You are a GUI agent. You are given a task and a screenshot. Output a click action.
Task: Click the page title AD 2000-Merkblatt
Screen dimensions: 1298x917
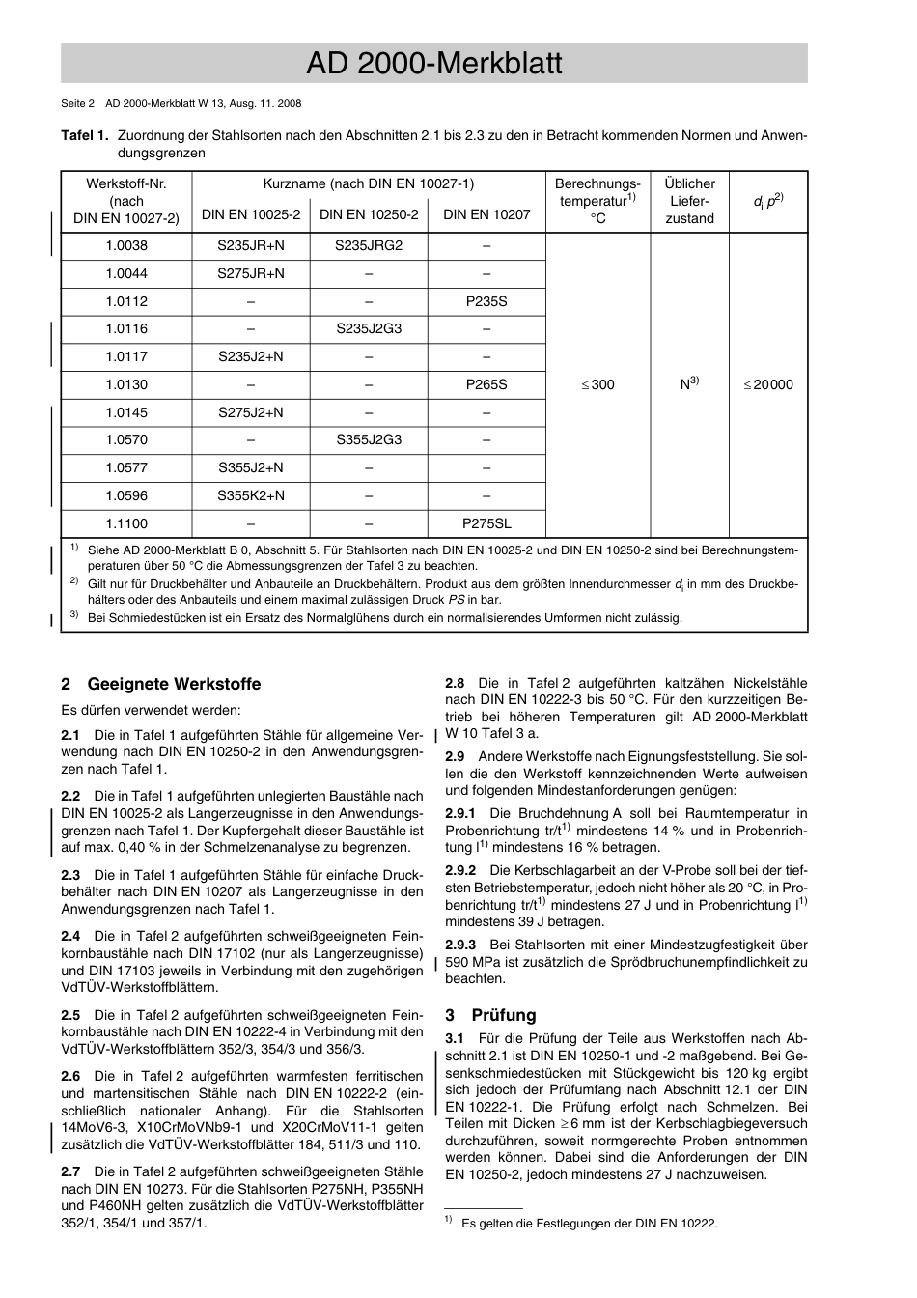pyautogui.click(x=433, y=64)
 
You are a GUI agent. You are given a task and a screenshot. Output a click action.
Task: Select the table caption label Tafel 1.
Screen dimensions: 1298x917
pyautogui.click(x=84, y=136)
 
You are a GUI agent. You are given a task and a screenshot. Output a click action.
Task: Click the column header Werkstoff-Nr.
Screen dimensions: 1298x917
pyautogui.click(x=126, y=183)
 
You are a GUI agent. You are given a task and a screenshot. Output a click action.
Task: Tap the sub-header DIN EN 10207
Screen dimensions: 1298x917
pyautogui.click(x=486, y=214)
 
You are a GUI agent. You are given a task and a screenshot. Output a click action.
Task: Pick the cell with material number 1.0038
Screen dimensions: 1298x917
pyautogui.click(x=126, y=245)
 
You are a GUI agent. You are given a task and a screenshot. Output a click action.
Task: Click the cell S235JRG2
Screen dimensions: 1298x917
pyautogui.click(x=369, y=245)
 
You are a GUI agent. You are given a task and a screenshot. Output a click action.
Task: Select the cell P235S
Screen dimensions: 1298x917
pyautogui.click(x=486, y=301)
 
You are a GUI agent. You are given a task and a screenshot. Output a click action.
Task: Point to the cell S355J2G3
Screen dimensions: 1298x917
pyautogui.click(x=369, y=440)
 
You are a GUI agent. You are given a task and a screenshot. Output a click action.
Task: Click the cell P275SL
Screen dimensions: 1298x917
pyautogui.click(x=486, y=523)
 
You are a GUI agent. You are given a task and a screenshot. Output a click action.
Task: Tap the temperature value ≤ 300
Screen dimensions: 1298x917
pyautogui.click(x=597, y=384)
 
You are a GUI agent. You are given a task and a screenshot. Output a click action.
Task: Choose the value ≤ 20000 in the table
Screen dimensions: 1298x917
pyautogui.click(x=767, y=384)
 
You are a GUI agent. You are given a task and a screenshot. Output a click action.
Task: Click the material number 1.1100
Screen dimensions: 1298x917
pyautogui.click(x=126, y=523)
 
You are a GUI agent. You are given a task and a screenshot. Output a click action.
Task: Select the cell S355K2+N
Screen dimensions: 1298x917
pyautogui.click(x=251, y=495)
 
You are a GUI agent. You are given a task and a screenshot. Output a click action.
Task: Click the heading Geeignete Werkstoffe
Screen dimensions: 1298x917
pyautogui.click(x=174, y=684)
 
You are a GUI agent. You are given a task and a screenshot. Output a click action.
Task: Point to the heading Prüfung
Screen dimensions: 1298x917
pyautogui.click(x=503, y=1015)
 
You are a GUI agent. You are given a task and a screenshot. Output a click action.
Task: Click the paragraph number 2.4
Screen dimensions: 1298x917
pyautogui.click(x=70, y=936)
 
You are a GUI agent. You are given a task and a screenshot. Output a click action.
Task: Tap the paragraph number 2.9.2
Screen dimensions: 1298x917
pyautogui.click(x=460, y=871)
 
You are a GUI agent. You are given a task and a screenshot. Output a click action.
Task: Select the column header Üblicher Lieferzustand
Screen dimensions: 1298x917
pyautogui.click(x=689, y=201)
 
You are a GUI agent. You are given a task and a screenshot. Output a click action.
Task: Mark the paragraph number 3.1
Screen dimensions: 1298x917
pyautogui.click(x=455, y=1038)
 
